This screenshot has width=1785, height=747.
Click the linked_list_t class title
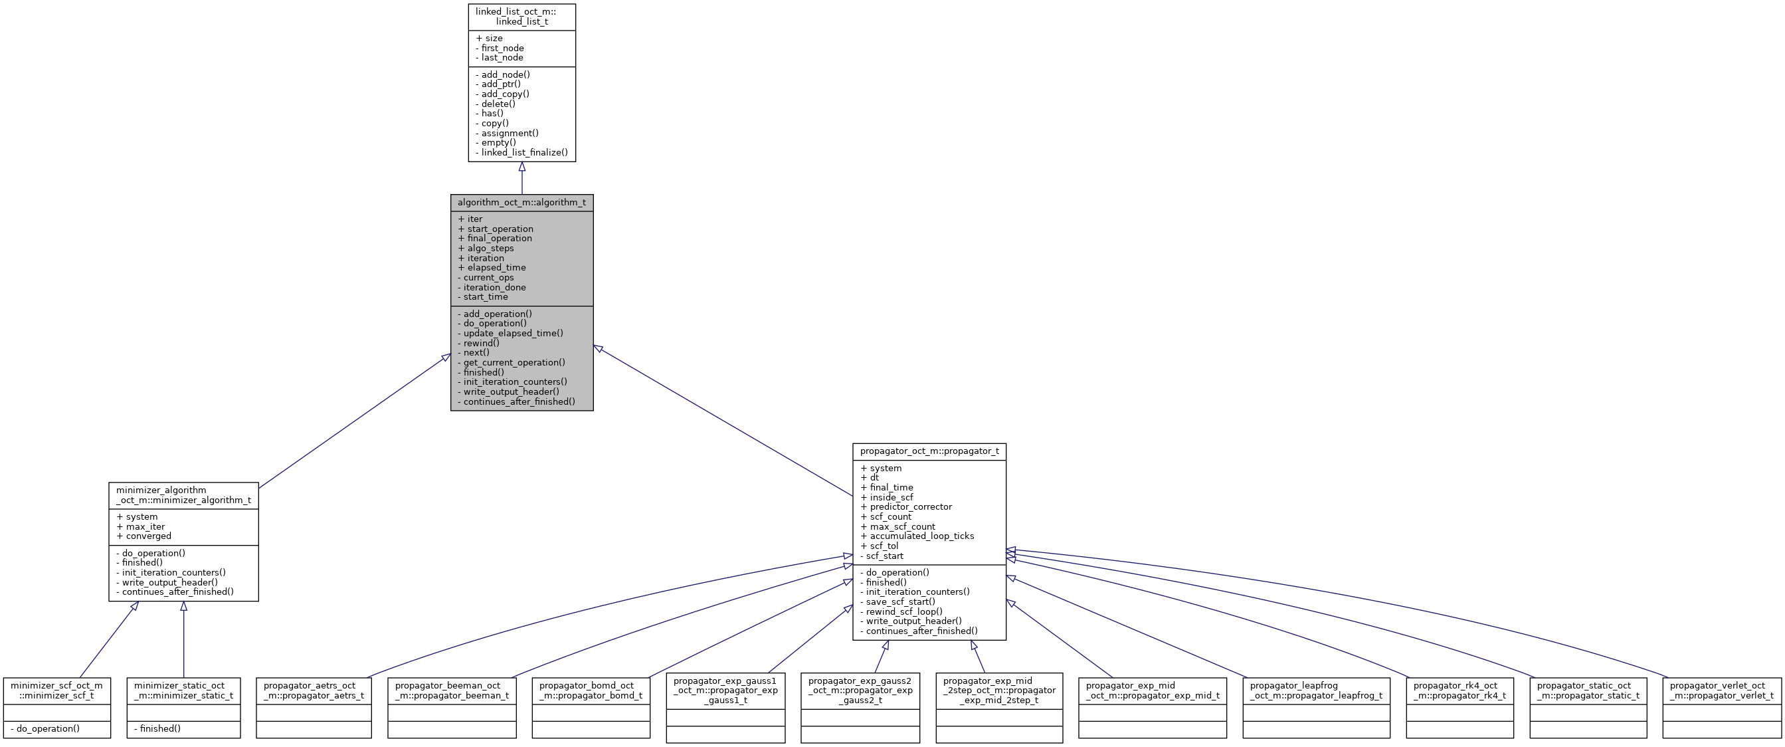tap(521, 17)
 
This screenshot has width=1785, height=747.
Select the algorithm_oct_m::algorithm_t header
tap(521, 202)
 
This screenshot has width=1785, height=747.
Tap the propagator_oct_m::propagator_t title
tap(929, 451)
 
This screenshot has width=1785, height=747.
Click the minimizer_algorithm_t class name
tap(183, 494)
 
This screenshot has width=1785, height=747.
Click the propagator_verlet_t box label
tap(1721, 691)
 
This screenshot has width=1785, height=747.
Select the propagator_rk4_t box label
tap(1459, 691)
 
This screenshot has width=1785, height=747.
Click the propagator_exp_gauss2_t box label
tap(860, 691)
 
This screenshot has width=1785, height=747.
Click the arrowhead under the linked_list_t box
tap(521, 167)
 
